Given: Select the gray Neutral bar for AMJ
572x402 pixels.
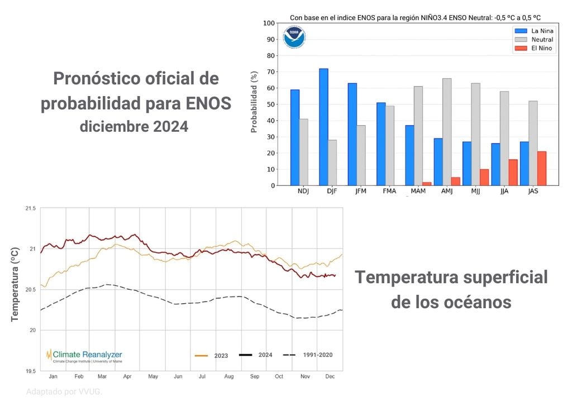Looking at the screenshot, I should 447,132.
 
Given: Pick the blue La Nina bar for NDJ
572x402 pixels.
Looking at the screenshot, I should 295,137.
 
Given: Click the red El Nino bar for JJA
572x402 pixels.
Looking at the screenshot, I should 513,173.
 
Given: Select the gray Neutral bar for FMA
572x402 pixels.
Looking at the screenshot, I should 390,146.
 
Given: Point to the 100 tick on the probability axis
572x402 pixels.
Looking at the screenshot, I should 269,23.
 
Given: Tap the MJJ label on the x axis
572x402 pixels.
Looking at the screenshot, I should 475,192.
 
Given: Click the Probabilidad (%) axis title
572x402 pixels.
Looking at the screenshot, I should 254,102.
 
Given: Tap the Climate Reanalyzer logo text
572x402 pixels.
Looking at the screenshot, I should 87,355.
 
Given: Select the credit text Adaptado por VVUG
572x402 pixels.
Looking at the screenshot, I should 64,392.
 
